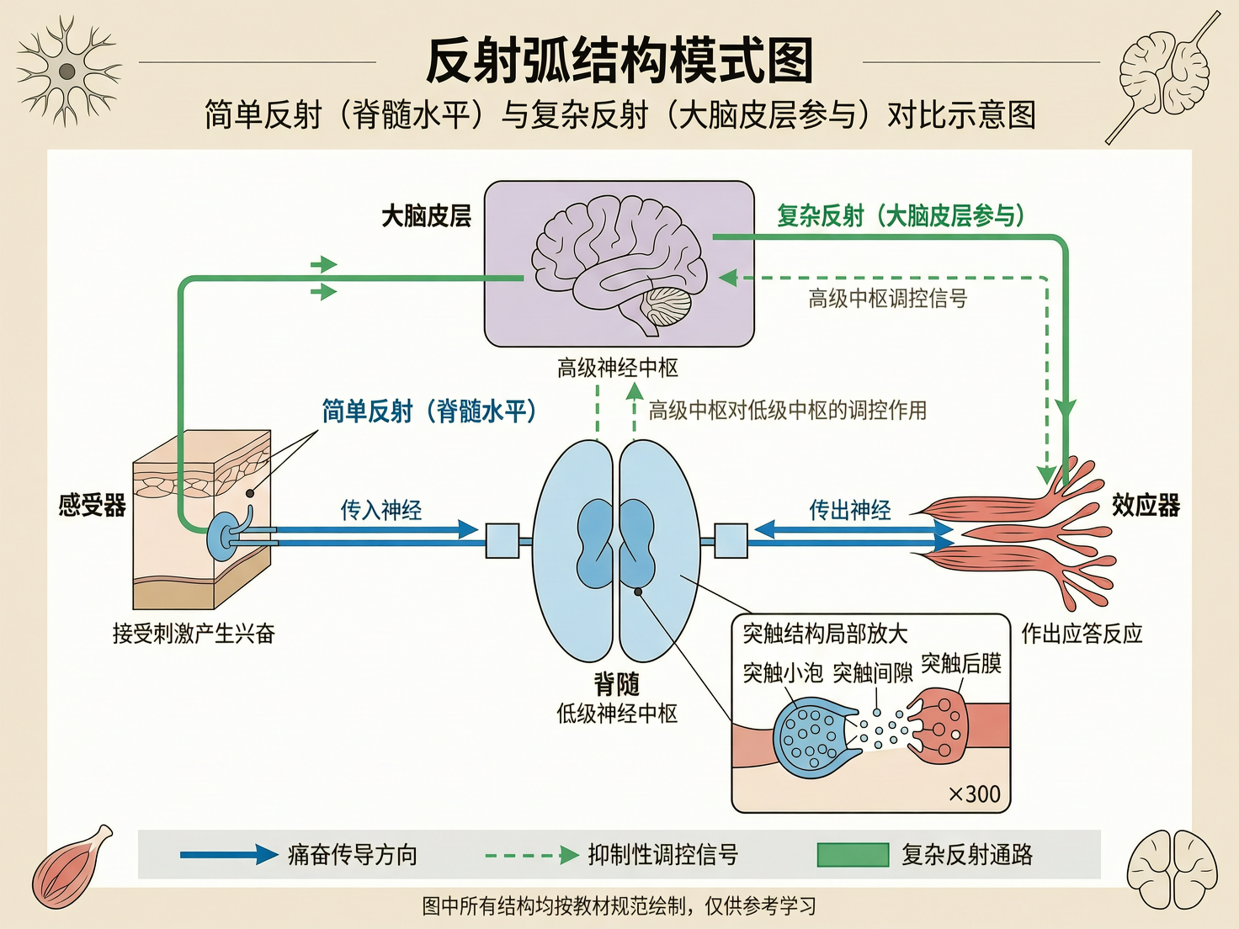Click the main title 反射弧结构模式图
[619, 61]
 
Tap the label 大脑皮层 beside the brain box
[426, 216]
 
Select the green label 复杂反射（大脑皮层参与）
[900, 215]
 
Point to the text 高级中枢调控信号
[887, 299]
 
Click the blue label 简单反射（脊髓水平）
[428, 411]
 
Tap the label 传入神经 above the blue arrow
[380, 509]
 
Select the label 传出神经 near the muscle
[849, 509]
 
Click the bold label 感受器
[92, 505]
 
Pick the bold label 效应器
[1146, 505]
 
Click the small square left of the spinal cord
[503, 540]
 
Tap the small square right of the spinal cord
[731, 540]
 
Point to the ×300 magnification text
[974, 794]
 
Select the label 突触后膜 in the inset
[960, 664]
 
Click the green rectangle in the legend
[853, 855]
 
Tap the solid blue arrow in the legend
[228, 855]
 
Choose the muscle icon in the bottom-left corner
[72, 868]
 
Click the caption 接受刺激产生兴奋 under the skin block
[194, 633]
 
